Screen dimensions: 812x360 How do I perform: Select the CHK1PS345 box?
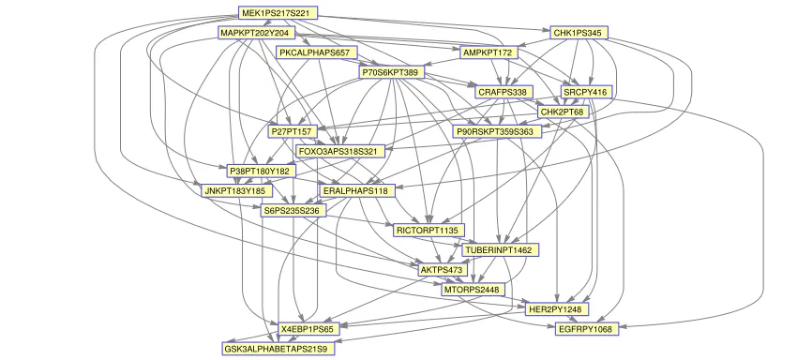(579, 33)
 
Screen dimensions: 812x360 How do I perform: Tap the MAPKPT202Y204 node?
(257, 33)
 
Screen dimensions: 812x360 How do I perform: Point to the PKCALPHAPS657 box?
(317, 52)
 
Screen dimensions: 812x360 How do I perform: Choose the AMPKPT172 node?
(489, 52)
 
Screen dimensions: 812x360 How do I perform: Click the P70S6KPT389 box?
(392, 72)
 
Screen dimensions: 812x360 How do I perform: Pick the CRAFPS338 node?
(504, 92)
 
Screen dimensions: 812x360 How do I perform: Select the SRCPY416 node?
(587, 93)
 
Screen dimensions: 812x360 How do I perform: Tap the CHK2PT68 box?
(563, 112)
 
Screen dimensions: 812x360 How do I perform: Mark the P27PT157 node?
(290, 131)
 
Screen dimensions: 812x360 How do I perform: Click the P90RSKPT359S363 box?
(497, 131)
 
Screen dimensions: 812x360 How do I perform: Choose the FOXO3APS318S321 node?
(340, 152)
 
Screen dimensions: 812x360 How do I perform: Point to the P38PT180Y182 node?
(262, 171)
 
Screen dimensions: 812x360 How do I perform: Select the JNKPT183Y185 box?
(236, 191)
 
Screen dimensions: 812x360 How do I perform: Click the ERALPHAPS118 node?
(357, 191)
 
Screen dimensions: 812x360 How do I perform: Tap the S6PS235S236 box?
(293, 211)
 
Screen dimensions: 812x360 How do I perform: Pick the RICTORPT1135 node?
(429, 230)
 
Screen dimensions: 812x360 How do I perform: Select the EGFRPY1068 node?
(586, 329)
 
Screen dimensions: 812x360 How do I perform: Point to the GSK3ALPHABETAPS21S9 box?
(278, 349)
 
